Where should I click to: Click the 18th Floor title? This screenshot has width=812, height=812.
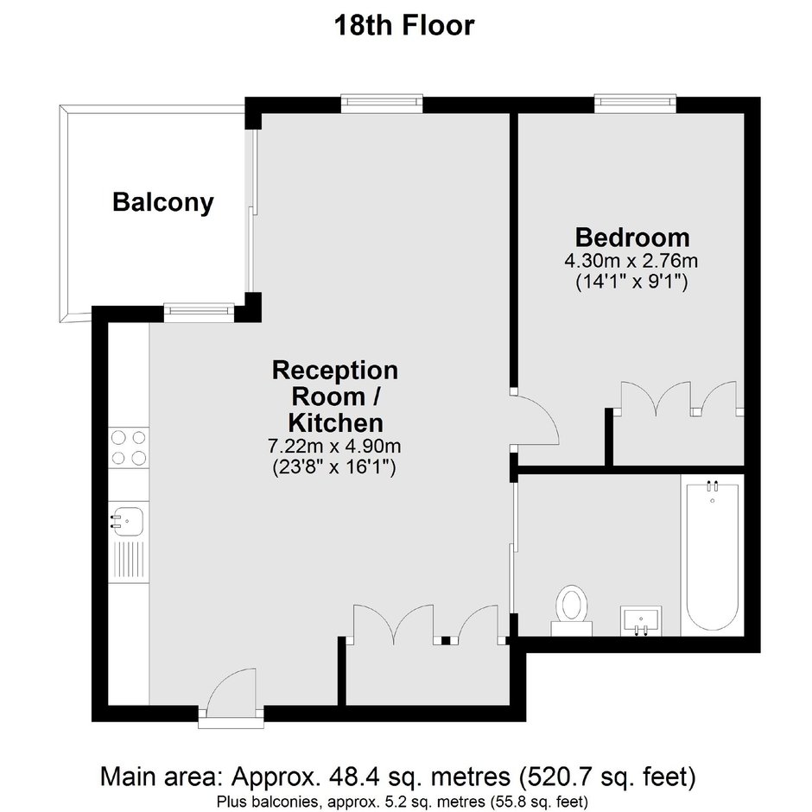coord(404,25)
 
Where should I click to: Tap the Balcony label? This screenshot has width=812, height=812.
coord(163,202)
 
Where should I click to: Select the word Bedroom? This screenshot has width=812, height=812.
coord(632,238)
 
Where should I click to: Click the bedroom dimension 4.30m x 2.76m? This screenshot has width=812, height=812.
coord(631,261)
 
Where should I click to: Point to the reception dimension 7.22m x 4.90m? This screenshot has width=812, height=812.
coord(334,446)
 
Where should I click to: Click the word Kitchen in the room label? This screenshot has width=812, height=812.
coord(335,422)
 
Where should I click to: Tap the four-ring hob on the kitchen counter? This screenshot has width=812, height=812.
coord(129,448)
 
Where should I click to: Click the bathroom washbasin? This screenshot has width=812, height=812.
coord(641,620)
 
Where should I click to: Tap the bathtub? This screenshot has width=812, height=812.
coord(713,555)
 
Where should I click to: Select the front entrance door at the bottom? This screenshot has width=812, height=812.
coord(232,694)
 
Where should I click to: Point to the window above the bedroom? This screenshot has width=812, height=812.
coord(636,104)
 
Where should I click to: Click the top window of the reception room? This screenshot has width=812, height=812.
coord(382,104)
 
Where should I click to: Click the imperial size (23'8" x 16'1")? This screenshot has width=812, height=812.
coord(334,467)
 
